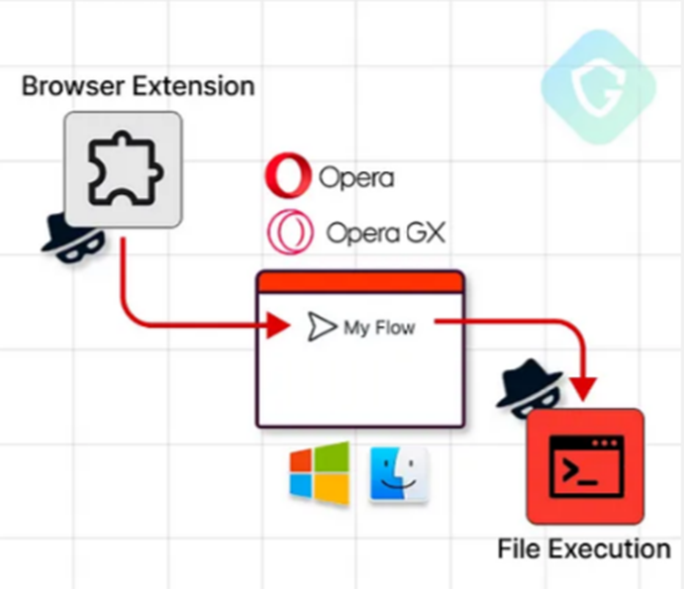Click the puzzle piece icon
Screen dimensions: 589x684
(123, 169)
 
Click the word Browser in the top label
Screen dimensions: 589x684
(62, 86)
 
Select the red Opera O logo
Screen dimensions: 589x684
(288, 178)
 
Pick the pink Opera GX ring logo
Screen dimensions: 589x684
(289, 233)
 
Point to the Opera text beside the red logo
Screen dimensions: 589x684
(356, 178)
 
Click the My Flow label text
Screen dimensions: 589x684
(379, 328)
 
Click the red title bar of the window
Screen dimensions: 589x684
(360, 282)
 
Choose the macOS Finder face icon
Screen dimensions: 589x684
(399, 474)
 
